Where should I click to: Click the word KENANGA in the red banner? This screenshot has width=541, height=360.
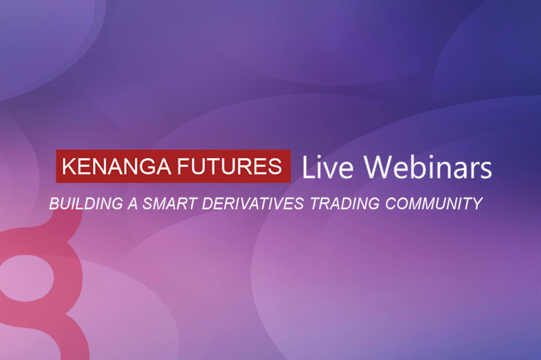116,167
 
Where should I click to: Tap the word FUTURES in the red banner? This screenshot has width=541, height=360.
229,167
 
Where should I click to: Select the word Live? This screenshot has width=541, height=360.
328,168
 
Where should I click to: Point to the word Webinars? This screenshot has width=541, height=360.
428,167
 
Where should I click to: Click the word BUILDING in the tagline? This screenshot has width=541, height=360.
86,204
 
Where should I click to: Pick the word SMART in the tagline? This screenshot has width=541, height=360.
170,204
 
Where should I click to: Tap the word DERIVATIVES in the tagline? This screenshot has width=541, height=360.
253,204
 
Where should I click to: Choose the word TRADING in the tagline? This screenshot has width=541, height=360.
344,204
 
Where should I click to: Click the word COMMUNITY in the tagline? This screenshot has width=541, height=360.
434,204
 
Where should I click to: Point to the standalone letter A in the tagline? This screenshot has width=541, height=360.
133,204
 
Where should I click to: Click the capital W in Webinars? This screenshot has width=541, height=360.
379,168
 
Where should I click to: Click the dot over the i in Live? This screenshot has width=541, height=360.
320,159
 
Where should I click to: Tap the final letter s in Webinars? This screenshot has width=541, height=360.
486,170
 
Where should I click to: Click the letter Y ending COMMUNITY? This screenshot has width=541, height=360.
477,204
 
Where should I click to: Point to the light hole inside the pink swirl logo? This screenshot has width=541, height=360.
27,278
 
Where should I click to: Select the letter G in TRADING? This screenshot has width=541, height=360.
374,204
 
